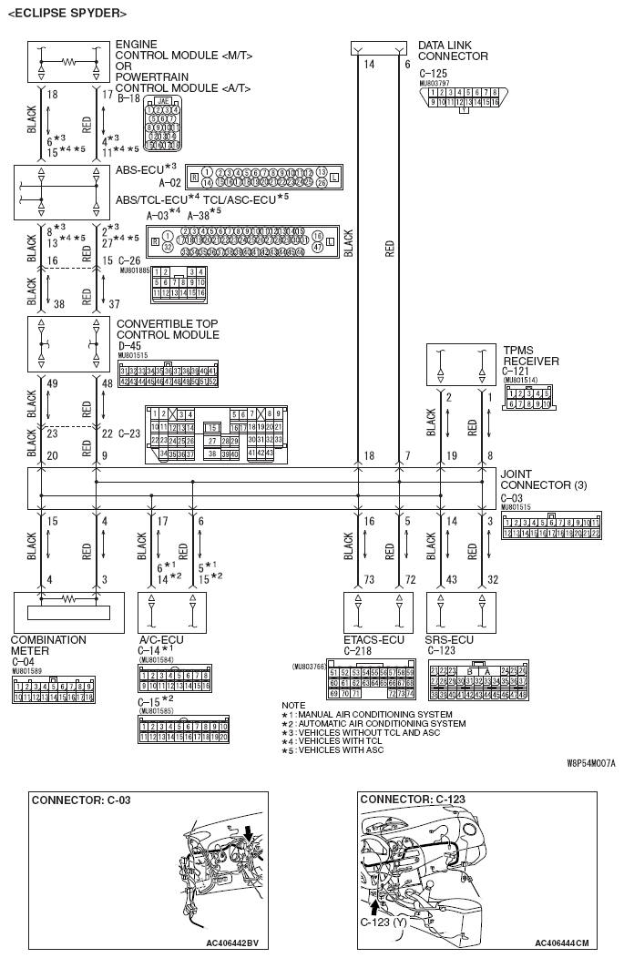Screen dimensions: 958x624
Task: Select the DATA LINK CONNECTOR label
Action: pos(453,50)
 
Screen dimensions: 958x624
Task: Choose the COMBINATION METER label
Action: pos(48,646)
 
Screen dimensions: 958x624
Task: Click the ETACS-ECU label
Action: pos(373,640)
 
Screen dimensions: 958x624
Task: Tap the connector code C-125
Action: pos(433,71)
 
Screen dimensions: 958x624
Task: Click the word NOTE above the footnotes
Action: pos(294,705)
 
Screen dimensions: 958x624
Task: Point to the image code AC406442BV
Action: pos(231,943)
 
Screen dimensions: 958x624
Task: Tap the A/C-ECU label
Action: pos(163,640)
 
